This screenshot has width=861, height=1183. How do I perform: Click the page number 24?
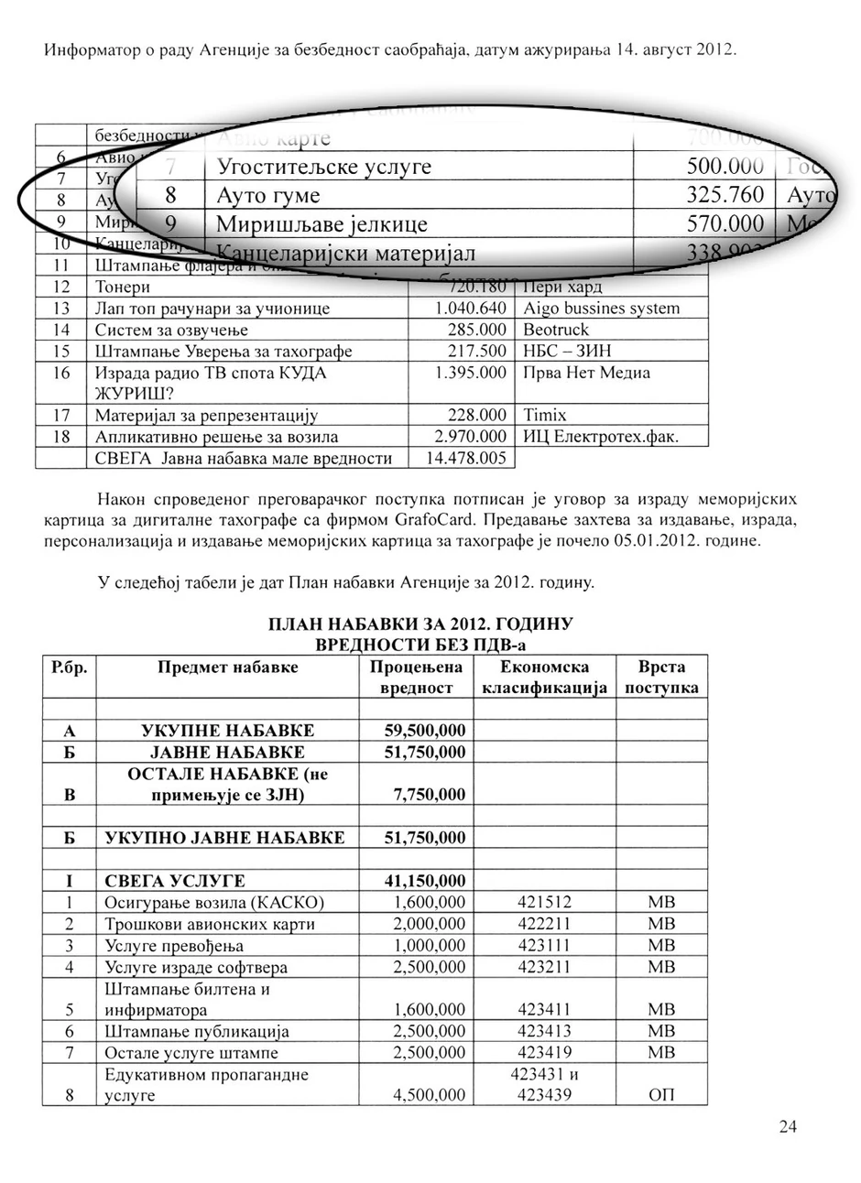788,1127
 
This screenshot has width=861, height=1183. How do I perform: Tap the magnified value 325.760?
725,196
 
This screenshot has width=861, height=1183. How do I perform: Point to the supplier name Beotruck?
556,330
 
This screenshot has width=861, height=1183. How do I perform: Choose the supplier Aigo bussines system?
601,309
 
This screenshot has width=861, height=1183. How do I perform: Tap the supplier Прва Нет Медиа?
586,373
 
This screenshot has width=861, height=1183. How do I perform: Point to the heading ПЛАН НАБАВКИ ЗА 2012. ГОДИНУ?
420,624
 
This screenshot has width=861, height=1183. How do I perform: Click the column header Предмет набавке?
227,667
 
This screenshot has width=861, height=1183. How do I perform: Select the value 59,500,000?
423,731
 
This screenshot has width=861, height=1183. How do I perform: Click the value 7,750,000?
429,795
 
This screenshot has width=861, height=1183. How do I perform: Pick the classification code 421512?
544,903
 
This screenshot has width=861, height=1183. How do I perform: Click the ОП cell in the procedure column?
660,1095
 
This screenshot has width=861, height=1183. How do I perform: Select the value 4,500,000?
429,1095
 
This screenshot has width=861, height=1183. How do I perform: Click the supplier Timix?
544,416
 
